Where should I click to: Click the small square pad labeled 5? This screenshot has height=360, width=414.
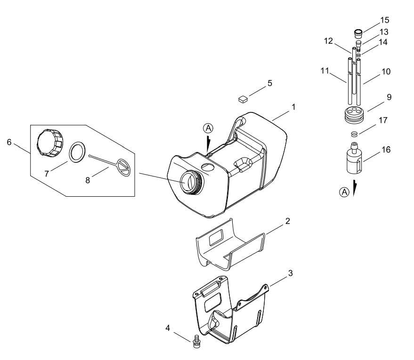click(243, 99)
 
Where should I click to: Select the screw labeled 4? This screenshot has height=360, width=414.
click(196, 341)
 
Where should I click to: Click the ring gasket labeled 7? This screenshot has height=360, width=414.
click(77, 152)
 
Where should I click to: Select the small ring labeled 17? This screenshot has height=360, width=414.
click(354, 134)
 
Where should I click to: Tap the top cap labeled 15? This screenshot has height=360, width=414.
click(358, 33)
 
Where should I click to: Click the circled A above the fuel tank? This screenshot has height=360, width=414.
click(208, 128)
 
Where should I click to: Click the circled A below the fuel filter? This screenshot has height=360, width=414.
click(344, 192)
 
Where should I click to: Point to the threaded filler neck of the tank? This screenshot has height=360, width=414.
click(191, 182)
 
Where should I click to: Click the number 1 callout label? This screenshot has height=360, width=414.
click(293, 107)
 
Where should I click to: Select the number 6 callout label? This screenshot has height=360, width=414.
click(9, 142)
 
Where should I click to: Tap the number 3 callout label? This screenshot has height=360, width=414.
click(291, 273)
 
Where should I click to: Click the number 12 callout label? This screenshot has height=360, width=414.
click(328, 41)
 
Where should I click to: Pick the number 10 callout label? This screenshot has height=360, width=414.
click(386, 72)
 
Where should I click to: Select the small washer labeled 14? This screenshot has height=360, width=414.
click(359, 55)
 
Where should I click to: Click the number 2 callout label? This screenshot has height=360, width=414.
click(288, 221)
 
